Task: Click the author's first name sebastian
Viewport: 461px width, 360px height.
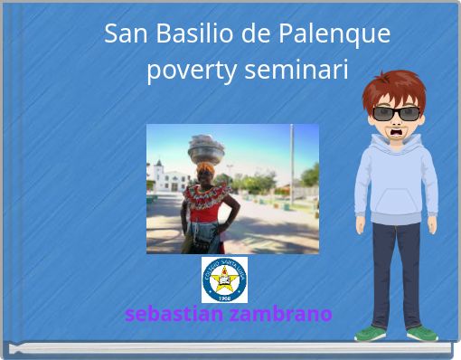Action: (x=174, y=314)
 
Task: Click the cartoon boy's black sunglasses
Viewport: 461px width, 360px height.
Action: (x=396, y=113)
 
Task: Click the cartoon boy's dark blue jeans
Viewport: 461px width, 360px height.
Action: (x=396, y=271)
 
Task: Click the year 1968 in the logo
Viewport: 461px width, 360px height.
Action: (x=223, y=297)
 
